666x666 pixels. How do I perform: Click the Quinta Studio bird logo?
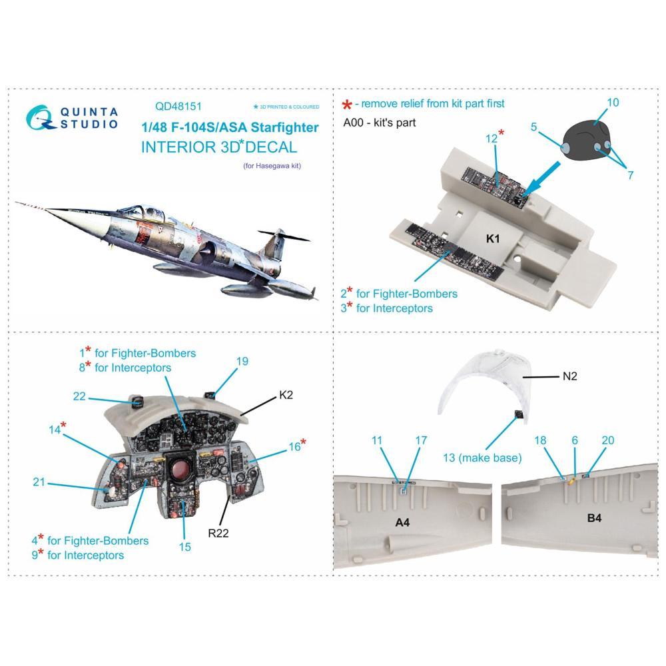pyautogui.click(x=40, y=117)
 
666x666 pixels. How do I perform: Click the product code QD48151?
pyautogui.click(x=178, y=106)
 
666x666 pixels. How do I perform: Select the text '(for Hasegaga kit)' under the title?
pyautogui.click(x=272, y=166)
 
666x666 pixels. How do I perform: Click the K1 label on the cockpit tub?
pyautogui.click(x=493, y=238)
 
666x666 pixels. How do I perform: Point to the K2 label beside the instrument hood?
pyautogui.click(x=286, y=395)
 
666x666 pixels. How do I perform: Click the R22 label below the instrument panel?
pyautogui.click(x=218, y=533)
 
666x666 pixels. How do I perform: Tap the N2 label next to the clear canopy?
pyautogui.click(x=569, y=376)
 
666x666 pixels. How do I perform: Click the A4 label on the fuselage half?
pyautogui.click(x=402, y=522)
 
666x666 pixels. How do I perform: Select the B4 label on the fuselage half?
pyautogui.click(x=594, y=517)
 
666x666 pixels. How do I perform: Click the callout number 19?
pyautogui.click(x=242, y=362)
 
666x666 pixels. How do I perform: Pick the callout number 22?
pyautogui.click(x=79, y=396)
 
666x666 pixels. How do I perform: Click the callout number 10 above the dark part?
pyautogui.click(x=613, y=103)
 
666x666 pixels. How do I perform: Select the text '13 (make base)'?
pyautogui.click(x=482, y=458)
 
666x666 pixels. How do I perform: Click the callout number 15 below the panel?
pyautogui.click(x=184, y=547)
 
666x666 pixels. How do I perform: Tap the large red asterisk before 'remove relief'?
pyautogui.click(x=347, y=105)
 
